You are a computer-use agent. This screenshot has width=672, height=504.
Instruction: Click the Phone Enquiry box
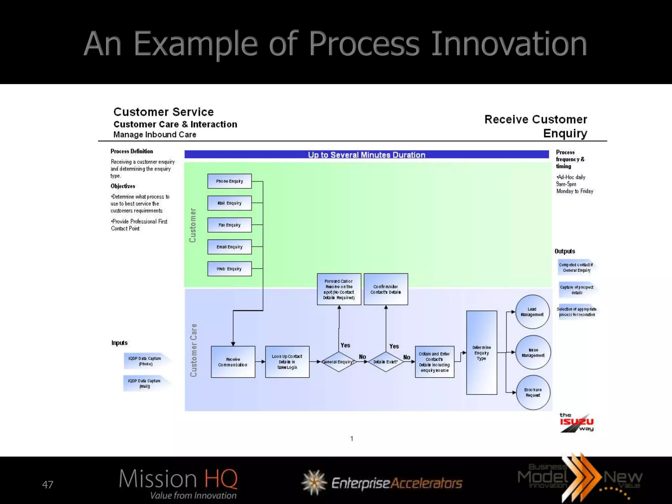pos(229,181)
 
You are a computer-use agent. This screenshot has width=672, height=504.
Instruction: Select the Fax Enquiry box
pos(229,225)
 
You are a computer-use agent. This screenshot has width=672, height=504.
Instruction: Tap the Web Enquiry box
pos(229,269)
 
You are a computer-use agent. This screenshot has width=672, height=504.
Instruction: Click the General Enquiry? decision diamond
pos(338,362)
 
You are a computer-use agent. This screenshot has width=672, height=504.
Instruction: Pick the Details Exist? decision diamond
pos(386,362)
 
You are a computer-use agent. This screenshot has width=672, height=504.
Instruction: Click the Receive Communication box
pos(233,362)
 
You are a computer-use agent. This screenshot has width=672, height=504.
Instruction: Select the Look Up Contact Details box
pos(287,362)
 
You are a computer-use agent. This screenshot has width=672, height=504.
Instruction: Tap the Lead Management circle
pos(532,312)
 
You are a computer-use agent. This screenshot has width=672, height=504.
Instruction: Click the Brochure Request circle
pos(533,392)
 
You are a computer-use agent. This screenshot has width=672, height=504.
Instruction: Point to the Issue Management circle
pos(533,352)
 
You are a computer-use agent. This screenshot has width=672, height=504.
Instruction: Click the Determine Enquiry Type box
pos(481,353)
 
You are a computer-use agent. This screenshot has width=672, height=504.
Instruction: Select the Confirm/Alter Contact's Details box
pos(386,289)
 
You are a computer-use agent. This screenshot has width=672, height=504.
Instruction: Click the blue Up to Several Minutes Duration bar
pos(367,155)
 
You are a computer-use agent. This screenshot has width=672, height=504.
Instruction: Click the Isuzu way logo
pos(577,422)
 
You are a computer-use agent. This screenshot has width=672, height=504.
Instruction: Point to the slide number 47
pos(48,485)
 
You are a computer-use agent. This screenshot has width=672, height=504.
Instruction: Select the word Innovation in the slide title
pos(509,44)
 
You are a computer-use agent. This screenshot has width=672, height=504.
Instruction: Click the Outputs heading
pos(565,251)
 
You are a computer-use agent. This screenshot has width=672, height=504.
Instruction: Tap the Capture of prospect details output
pos(577,290)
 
